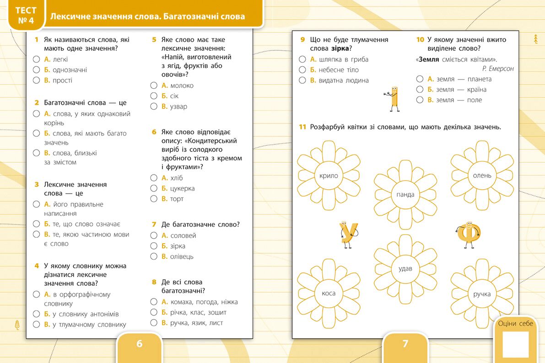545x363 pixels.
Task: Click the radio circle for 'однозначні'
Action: pos(37,70)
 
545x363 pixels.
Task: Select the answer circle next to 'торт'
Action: pos(154,199)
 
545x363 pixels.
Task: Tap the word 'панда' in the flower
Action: pos(405,195)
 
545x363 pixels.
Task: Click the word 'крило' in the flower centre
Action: pos(329,176)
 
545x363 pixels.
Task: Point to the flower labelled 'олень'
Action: pos(482,176)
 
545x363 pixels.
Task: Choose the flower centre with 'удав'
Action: pos(405,269)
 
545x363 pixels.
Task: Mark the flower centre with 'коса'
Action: pos(329,294)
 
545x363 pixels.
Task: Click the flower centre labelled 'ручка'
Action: pos(482,294)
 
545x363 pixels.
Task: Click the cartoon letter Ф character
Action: pos(468,234)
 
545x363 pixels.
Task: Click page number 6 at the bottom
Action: pos(140,344)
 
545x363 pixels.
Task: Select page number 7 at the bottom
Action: pos(405,344)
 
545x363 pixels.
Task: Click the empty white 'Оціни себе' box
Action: pos(515,344)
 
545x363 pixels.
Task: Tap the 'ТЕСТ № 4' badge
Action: pos(26,16)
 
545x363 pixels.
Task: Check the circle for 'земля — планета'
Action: pos(420,79)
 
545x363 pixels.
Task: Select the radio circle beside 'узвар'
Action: pos(154,107)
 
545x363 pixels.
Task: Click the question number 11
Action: pos(302,127)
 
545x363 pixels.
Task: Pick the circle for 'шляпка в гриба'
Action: pos(302,59)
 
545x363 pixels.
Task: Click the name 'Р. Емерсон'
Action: pos(498,69)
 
